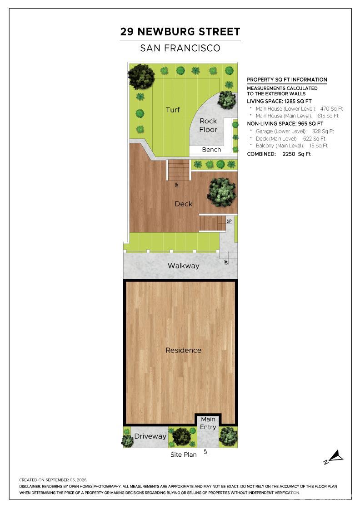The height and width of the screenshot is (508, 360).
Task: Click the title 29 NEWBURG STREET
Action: (180, 32)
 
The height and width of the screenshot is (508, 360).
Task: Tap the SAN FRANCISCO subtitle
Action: (180, 48)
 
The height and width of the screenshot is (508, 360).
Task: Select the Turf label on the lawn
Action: (173, 110)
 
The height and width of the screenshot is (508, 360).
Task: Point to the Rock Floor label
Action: (208, 125)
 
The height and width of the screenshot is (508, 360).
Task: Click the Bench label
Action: (211, 150)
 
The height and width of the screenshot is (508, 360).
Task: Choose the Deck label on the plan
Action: (183, 204)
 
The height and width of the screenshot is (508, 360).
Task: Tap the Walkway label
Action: (183, 266)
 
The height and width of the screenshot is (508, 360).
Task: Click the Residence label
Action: (183, 350)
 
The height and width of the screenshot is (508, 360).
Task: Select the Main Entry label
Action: (208, 423)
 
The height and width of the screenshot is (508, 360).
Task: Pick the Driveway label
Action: (150, 436)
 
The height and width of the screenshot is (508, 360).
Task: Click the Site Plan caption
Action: (183, 454)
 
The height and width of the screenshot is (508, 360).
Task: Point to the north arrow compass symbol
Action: (333, 457)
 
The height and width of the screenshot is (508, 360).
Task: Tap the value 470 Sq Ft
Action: (331, 109)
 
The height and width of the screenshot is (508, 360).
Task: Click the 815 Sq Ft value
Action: (328, 116)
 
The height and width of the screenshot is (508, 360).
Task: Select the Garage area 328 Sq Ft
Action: (323, 131)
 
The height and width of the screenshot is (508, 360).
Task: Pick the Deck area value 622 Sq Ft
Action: (314, 139)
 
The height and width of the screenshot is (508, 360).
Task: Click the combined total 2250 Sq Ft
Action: (296, 154)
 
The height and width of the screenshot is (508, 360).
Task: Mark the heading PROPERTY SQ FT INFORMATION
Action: (287, 80)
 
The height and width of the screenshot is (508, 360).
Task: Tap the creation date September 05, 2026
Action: (66, 480)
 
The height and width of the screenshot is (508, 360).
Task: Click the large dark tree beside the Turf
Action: (141, 77)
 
